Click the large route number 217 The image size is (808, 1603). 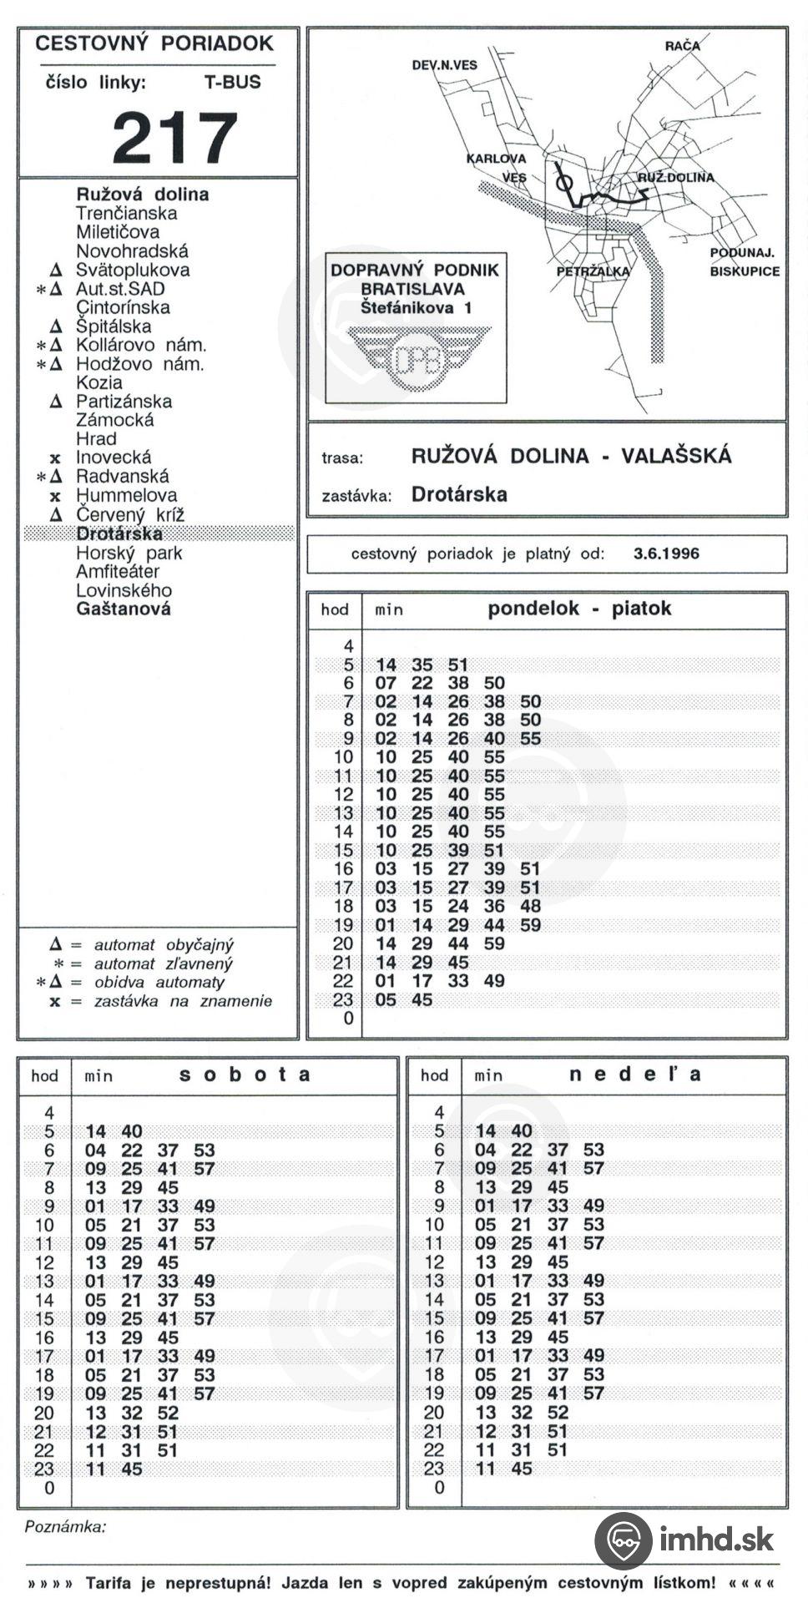(x=175, y=138)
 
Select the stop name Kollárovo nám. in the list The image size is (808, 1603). (x=140, y=345)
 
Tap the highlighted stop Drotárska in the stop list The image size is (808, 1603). (x=119, y=533)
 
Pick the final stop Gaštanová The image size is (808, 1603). (x=123, y=609)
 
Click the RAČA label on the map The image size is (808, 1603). (x=682, y=45)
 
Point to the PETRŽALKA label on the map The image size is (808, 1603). (x=593, y=271)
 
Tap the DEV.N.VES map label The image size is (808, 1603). (x=444, y=65)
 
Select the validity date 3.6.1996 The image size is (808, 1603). (x=666, y=554)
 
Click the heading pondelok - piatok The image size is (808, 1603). (x=578, y=609)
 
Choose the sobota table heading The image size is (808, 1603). (x=245, y=1075)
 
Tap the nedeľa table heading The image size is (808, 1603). (x=634, y=1075)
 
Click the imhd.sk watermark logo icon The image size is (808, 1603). (x=623, y=1539)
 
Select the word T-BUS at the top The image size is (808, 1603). (x=232, y=83)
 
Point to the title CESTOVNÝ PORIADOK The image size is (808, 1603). (x=154, y=44)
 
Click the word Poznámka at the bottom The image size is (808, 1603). (x=65, y=1527)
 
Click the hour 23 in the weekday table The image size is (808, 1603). (x=343, y=999)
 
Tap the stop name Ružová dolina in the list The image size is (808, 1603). (x=142, y=195)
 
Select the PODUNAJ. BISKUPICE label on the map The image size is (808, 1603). (x=744, y=262)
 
